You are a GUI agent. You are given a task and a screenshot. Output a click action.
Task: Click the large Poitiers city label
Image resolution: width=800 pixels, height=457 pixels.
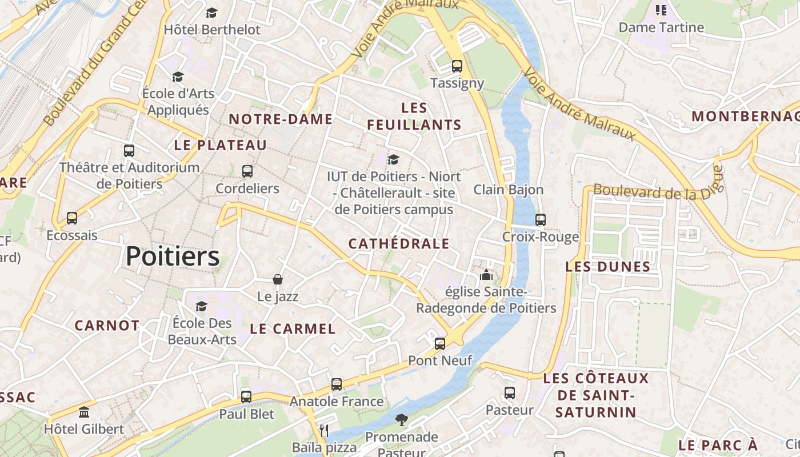173,256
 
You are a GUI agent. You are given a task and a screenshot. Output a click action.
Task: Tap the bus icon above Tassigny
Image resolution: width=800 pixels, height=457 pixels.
457,66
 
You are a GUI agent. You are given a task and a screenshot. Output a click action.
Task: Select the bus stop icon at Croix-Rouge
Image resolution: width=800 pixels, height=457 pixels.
541,219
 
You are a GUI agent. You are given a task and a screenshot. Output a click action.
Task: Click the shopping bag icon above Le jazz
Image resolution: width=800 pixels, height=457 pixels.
278,279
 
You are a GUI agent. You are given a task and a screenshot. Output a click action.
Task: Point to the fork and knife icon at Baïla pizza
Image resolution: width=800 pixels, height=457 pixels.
324,430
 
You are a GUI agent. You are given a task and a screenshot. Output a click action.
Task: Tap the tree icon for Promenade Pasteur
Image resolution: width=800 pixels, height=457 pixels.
402,420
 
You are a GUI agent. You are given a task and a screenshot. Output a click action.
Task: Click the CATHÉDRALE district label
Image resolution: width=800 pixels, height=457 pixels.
399,244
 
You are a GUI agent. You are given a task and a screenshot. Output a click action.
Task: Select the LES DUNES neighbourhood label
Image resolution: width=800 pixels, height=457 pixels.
608,267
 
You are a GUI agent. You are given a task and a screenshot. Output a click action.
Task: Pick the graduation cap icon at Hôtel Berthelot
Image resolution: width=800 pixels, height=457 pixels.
212,13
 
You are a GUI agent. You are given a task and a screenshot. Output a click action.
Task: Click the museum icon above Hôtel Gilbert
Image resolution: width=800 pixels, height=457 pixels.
85,412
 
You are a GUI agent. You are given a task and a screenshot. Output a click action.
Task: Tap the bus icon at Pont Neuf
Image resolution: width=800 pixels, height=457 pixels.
440,344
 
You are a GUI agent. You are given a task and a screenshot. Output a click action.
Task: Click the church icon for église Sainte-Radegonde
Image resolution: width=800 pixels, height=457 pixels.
486,275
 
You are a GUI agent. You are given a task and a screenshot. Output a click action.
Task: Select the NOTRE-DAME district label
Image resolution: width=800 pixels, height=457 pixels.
281,119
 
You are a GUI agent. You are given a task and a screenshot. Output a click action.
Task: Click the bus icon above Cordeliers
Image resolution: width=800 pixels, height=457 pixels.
247,171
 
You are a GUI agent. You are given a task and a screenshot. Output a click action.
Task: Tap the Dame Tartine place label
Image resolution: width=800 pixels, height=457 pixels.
661,27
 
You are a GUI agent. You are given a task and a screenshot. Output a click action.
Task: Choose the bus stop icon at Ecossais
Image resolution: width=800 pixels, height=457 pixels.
72,218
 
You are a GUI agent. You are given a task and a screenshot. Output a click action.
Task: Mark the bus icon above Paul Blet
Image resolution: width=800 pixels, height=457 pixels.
246,396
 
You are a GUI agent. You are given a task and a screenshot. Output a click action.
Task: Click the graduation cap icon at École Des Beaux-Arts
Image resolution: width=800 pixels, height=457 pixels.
201,307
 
